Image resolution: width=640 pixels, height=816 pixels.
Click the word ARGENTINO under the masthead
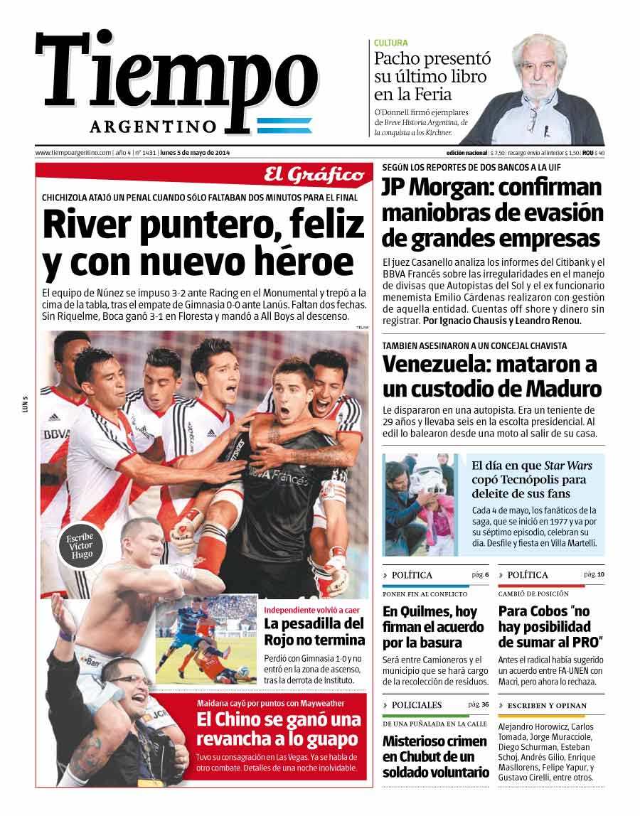tap(153, 127)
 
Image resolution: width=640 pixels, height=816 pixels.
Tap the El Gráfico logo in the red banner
tap(314, 174)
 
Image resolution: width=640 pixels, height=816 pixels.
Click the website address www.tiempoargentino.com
tap(73, 152)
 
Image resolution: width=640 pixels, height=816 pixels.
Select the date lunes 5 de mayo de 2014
tap(195, 152)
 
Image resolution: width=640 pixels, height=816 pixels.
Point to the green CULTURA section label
tap(391, 43)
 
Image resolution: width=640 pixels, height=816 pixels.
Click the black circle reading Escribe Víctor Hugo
tap(80, 545)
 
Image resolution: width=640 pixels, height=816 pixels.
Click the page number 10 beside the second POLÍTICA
tap(600, 574)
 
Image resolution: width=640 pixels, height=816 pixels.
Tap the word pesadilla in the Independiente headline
tap(309, 624)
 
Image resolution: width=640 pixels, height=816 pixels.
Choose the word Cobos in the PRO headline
tap(545, 611)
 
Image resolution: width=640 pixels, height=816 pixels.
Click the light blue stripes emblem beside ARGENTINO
tap(284, 126)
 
